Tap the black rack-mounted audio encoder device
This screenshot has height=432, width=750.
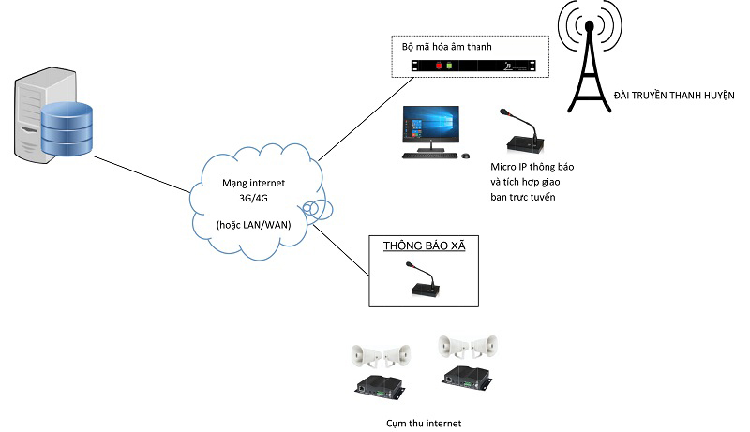[x=479, y=66]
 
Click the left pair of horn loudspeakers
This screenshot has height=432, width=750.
[x=380, y=355]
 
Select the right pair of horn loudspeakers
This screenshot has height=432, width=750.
[x=468, y=347]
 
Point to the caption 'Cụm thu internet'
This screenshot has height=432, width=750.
[x=424, y=423]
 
